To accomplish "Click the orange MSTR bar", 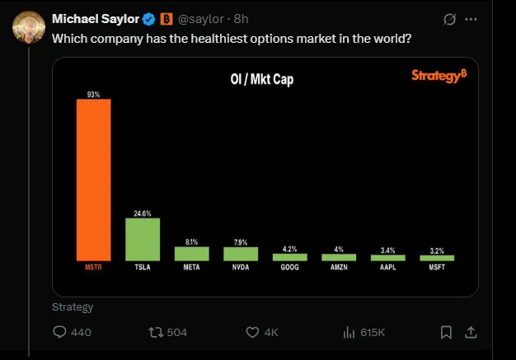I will coord(93,180).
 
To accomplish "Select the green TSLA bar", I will coord(143,240).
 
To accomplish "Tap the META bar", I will coord(191,254).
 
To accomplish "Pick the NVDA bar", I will coord(241,254).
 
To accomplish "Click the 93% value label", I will coord(93,95).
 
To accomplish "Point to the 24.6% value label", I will coord(143,213).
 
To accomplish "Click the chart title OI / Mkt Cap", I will coord(262,80).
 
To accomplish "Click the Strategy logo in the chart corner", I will coord(439,76).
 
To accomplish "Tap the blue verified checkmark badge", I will coord(149,19).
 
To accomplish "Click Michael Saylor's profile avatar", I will coord(28,28).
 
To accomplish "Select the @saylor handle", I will coord(201,19).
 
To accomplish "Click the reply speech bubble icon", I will coord(59,332).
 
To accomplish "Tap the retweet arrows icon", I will coord(153,332).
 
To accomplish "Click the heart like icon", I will coord(253,332).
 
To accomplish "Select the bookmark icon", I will coord(446,332).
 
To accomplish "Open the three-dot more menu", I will coord(471,19).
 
